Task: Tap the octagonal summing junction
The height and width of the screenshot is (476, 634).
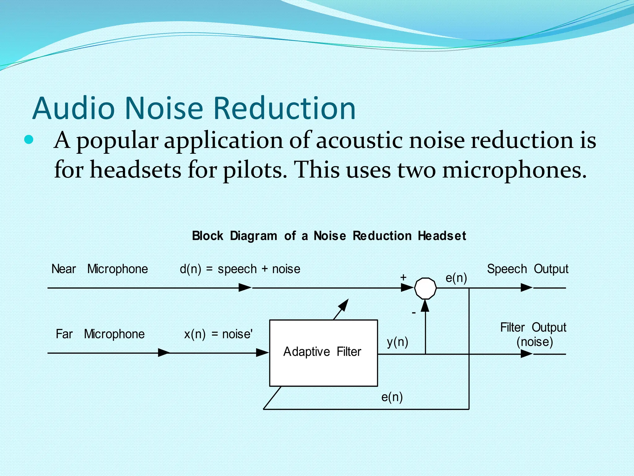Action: (425, 288)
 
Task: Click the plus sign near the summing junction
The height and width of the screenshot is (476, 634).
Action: (403, 277)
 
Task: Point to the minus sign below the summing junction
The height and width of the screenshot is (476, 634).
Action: (414, 313)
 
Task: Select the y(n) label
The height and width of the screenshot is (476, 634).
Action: (397, 342)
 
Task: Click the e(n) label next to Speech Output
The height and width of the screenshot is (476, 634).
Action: (456, 278)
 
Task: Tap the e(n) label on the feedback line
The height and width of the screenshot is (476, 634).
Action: (392, 397)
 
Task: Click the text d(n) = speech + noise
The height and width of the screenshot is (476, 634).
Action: (240, 269)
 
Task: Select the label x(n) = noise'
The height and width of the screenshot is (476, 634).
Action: (218, 334)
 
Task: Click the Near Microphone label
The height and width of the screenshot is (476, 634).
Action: (99, 269)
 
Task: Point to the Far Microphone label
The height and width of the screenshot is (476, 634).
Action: (100, 334)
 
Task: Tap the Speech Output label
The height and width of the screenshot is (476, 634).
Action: (528, 269)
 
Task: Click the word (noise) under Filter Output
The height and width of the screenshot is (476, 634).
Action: (535, 342)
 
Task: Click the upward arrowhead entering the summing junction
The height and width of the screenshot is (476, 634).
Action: (425, 306)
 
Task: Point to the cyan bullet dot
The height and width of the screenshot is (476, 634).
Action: (28, 140)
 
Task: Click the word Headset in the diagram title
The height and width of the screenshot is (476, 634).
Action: (442, 236)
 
